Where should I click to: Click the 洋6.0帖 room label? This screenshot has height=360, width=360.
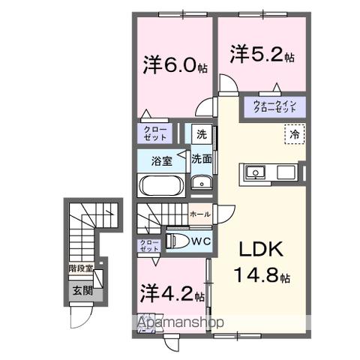[172, 64]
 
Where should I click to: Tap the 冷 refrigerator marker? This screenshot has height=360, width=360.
[295, 135]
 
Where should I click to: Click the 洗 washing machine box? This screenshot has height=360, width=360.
[201, 134]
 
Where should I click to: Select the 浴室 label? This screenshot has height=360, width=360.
[160, 160]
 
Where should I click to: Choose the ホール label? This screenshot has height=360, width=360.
[199, 214]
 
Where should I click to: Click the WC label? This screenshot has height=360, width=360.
[198, 241]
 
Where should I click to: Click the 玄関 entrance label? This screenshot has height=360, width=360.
[81, 290]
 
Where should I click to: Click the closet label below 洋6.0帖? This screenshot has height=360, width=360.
[155, 133]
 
